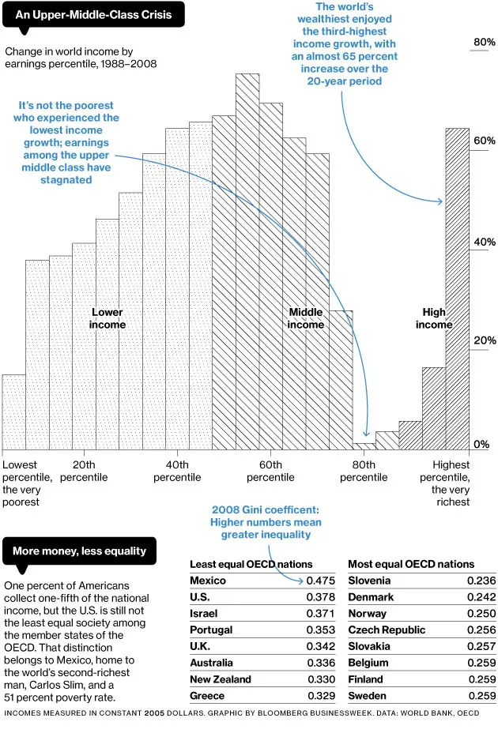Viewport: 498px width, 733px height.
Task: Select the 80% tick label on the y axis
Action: pos(484,42)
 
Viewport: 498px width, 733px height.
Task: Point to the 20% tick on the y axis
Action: pos(484,340)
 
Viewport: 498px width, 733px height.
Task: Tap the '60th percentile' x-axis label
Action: pos(270,471)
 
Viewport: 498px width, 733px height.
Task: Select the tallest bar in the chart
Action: pos(247,261)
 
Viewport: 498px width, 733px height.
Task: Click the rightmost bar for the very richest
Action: pos(457,288)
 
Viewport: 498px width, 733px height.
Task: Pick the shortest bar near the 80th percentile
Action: pos(364,446)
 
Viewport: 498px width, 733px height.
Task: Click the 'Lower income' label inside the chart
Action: pos(107,318)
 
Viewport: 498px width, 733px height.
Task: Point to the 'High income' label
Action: pos(434,318)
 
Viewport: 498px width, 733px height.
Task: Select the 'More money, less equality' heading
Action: pos(80,551)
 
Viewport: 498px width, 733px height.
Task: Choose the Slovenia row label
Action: pos(370,581)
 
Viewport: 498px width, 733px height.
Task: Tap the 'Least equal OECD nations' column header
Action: pos(251,564)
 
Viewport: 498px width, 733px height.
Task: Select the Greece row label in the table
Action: pos(207,696)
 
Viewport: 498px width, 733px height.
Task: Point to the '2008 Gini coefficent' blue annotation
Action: pos(266,522)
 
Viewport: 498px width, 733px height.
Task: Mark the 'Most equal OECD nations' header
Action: pos(411,564)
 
